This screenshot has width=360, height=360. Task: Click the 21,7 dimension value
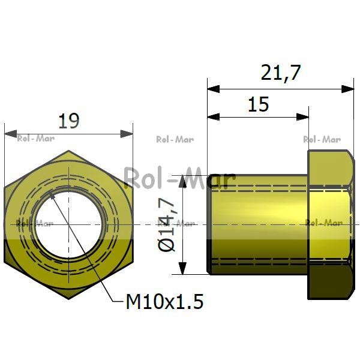coord(281,73)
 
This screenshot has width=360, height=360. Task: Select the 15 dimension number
coord(259,104)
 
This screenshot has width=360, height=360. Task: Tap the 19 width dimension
coord(69,121)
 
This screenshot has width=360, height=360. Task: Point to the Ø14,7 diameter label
coord(167,224)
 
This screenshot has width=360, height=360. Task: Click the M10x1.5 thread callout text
coord(165,302)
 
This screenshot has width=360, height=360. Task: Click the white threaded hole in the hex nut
coord(68,224)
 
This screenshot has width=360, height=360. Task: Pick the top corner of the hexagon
coord(68,151)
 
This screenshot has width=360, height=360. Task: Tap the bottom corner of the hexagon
coord(69,299)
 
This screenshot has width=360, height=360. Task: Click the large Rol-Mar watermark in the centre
coord(179,178)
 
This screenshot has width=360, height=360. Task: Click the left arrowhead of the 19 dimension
coord(11,134)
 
